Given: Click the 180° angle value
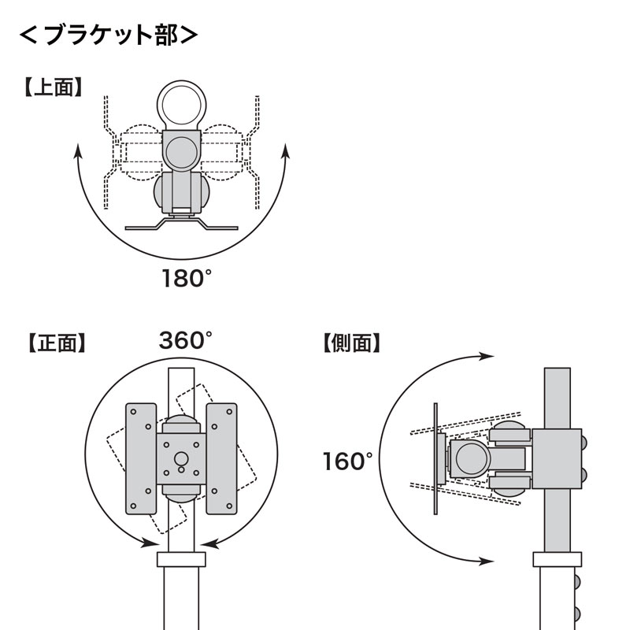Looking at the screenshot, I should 187,279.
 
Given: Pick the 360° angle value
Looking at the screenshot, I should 186,341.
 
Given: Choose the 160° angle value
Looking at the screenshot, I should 347,461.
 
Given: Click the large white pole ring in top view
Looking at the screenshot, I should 183,106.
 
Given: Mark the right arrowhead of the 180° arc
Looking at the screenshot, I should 285,151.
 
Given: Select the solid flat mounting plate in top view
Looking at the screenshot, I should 182,226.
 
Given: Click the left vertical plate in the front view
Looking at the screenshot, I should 141,458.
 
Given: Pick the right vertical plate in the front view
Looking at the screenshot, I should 221,458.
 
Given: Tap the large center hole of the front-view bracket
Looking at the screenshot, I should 181,458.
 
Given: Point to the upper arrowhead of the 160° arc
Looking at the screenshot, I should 488,357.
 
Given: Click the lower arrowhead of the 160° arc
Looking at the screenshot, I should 488,561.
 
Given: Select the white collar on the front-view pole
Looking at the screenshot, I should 181,560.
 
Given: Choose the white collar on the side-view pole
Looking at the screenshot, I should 558,560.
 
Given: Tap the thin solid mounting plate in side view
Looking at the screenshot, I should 435,458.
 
